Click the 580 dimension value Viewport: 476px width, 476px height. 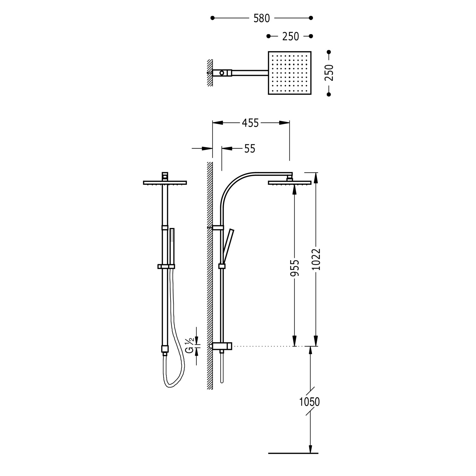click(x=261, y=18)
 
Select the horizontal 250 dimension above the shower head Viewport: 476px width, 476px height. click(x=290, y=36)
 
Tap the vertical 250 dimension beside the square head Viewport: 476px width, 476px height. click(x=329, y=73)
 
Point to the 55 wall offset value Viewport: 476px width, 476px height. click(x=250, y=149)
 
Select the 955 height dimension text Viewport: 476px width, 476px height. click(x=295, y=268)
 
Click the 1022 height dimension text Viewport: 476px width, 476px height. click(x=316, y=259)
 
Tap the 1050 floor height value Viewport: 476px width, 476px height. click(x=309, y=402)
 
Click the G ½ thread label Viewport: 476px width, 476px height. click(x=189, y=346)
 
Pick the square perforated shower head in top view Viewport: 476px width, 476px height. click(x=290, y=73)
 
